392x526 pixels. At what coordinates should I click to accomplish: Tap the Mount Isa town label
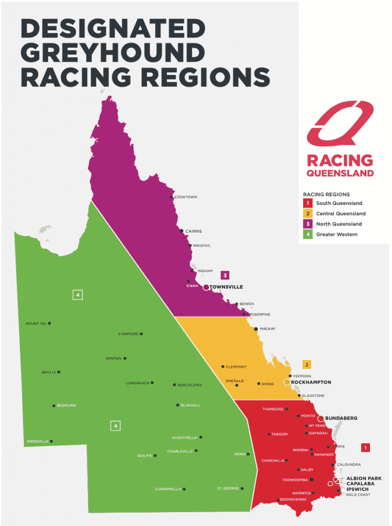tap(36, 324)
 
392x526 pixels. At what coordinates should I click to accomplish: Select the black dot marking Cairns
tap(181, 231)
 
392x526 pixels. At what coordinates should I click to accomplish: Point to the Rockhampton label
tap(311, 382)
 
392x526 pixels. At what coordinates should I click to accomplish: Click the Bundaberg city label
tap(341, 418)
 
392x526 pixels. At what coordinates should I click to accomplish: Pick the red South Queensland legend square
tap(307, 203)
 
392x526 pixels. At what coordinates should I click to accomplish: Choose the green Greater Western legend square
tap(307, 234)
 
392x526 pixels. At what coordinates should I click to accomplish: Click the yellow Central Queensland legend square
tap(307, 214)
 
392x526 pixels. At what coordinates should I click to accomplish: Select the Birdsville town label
tap(38, 441)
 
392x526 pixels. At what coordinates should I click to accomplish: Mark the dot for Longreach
tap(152, 383)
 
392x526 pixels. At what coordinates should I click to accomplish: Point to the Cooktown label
tap(186, 197)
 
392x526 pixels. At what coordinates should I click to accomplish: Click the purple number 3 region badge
tap(225, 275)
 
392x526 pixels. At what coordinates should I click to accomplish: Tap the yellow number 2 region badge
tap(307, 365)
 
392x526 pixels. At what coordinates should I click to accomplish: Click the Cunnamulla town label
tap(168, 489)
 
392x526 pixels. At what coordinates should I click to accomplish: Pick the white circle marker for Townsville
tap(206, 287)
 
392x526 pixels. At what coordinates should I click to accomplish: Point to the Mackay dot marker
tap(256, 329)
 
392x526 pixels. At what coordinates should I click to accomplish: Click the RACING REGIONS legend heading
tap(326, 195)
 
